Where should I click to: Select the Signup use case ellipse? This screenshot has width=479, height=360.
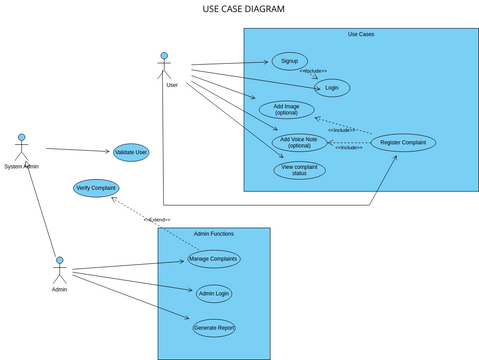(x=289, y=61)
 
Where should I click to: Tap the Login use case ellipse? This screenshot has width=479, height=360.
(x=331, y=88)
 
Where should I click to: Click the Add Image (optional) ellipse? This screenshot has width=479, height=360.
(x=286, y=109)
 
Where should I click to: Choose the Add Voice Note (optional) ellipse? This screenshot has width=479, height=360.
(x=299, y=142)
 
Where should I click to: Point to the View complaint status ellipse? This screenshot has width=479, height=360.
(x=299, y=170)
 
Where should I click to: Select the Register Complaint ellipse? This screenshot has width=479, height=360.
(x=403, y=143)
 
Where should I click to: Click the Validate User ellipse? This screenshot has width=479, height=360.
(x=131, y=152)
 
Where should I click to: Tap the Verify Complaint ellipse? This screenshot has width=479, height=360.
(x=96, y=187)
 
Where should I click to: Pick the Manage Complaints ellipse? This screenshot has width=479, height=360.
(x=214, y=259)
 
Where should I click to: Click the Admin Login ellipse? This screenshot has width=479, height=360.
(x=213, y=293)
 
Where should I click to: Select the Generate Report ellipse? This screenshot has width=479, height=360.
(x=213, y=327)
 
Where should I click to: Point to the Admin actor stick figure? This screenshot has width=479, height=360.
(x=59, y=270)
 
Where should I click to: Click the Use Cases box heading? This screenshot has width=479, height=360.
(x=360, y=35)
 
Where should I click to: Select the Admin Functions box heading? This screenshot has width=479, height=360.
(x=213, y=233)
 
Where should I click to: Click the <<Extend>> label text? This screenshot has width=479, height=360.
(x=157, y=219)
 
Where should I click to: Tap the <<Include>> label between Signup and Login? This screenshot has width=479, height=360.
(x=313, y=71)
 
